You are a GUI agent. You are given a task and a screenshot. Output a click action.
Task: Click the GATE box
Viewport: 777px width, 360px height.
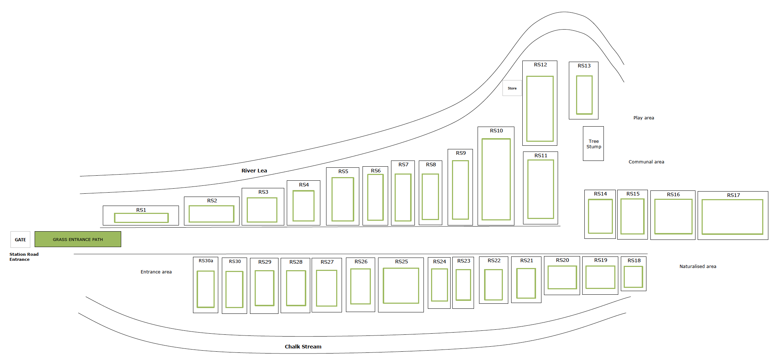click(x=20, y=240)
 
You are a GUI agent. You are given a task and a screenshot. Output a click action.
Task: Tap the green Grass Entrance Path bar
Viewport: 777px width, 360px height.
click(x=78, y=239)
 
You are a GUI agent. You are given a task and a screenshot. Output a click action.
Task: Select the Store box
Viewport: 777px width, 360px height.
click(x=512, y=88)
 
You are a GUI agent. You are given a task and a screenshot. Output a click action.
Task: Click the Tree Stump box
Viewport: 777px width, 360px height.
click(x=593, y=144)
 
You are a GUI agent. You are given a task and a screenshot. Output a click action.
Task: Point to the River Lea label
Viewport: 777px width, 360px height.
click(x=254, y=171)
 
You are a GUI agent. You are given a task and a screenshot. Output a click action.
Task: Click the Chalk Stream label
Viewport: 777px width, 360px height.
click(x=303, y=347)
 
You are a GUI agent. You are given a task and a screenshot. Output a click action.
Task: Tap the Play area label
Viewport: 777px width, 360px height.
click(x=644, y=118)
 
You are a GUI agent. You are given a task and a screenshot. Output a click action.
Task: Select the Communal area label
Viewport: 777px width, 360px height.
click(x=646, y=162)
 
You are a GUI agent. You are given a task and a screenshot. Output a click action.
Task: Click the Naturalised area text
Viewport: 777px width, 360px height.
click(x=698, y=267)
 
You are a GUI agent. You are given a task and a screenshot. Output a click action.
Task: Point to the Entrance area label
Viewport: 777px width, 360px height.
click(x=156, y=272)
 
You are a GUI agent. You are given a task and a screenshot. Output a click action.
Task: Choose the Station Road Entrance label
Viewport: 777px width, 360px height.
click(x=24, y=257)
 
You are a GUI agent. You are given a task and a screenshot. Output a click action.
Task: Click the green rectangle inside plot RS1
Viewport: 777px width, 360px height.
click(x=141, y=218)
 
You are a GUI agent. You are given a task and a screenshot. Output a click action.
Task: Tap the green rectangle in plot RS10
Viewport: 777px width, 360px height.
click(x=496, y=179)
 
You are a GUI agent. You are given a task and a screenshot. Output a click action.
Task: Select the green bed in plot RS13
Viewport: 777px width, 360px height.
click(x=584, y=95)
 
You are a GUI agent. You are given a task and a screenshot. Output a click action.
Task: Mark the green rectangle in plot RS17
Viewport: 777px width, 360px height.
click(x=732, y=217)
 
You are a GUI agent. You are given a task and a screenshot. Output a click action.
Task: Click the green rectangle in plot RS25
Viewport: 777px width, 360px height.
click(x=401, y=286)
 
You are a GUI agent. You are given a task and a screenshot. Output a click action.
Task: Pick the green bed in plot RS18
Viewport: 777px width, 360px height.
click(x=633, y=277)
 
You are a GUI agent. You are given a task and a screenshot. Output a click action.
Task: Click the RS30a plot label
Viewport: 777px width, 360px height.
click(x=206, y=261)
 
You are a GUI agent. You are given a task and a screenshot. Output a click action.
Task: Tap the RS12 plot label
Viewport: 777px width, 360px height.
click(x=540, y=65)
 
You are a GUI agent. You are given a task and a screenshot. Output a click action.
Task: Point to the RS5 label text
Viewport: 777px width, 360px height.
click(x=343, y=172)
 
